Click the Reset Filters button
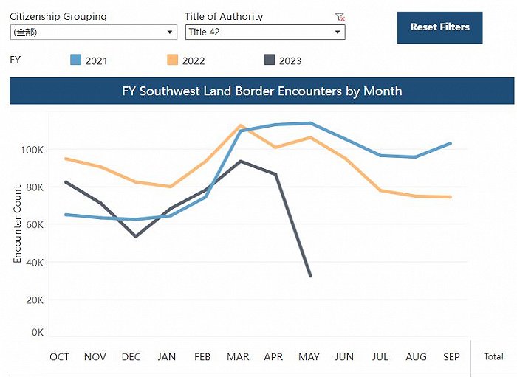coord(439,27)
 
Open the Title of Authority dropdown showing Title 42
coord(265,32)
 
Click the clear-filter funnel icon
coord(340,16)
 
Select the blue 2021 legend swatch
coord(75,60)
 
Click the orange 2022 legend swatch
coord(172,60)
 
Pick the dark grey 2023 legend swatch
coord(269,60)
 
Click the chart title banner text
coord(262,91)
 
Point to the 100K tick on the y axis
coord(31,150)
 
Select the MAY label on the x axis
coord(309,357)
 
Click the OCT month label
coord(60,357)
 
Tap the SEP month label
coord(451,357)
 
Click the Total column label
coord(493,357)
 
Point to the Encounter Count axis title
coord(18,224)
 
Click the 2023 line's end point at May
coord(310,276)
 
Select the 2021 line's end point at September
coord(451,143)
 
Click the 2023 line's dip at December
coord(135,236)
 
